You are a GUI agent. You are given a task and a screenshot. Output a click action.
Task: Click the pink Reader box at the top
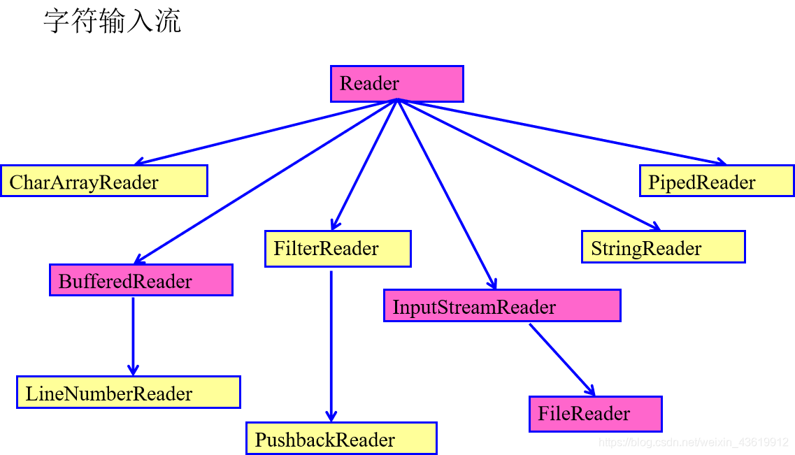(396, 84)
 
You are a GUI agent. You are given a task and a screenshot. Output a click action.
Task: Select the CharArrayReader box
(104, 181)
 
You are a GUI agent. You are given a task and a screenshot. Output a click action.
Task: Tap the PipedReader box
(717, 181)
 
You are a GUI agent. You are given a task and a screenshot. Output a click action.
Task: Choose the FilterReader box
(338, 249)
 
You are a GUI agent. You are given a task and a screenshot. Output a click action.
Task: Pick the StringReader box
(663, 247)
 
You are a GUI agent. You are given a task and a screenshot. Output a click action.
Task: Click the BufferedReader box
(141, 280)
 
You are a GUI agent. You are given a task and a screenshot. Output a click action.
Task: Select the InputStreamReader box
(502, 306)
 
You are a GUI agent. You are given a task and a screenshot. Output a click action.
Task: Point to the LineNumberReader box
(129, 392)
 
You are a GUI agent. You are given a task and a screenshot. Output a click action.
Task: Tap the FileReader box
(595, 414)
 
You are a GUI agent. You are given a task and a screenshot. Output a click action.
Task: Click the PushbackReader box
(341, 439)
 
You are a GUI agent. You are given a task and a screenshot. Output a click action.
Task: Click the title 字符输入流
(112, 21)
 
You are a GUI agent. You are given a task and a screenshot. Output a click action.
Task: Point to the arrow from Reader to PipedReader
(559, 131)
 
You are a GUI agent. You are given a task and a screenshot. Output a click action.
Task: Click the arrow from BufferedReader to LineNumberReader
(133, 335)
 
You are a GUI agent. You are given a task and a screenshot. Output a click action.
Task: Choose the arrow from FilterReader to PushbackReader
(331, 346)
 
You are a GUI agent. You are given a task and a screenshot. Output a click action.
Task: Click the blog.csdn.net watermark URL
(694, 442)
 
